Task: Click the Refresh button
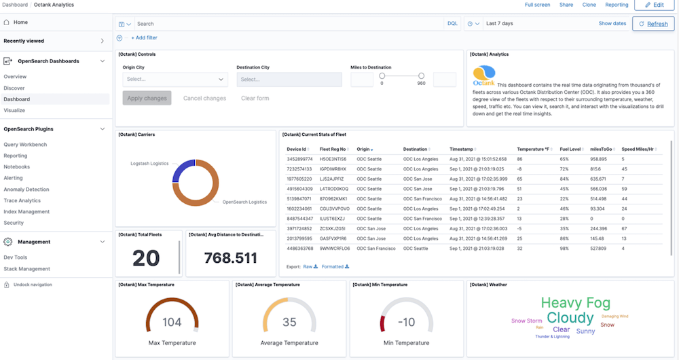pyautogui.click(x=653, y=24)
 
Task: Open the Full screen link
pyautogui.click(x=537, y=5)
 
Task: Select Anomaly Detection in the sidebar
pyautogui.click(x=26, y=190)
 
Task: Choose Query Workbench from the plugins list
pyautogui.click(x=25, y=145)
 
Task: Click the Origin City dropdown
pyautogui.click(x=175, y=79)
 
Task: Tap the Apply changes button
pyautogui.click(x=147, y=98)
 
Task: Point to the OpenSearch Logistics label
pyautogui.click(x=244, y=202)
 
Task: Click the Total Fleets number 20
pyautogui.click(x=146, y=258)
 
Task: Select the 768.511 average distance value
pyautogui.click(x=231, y=258)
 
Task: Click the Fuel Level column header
pyautogui.click(x=570, y=149)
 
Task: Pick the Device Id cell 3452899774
pyautogui.click(x=300, y=159)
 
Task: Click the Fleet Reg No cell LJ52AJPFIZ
pyautogui.click(x=333, y=179)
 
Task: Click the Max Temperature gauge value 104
pyautogui.click(x=172, y=322)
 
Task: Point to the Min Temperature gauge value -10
pyautogui.click(x=406, y=322)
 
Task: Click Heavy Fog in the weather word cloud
pyautogui.click(x=575, y=304)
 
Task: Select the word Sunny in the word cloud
pyautogui.click(x=585, y=331)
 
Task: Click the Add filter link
pyautogui.click(x=144, y=38)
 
